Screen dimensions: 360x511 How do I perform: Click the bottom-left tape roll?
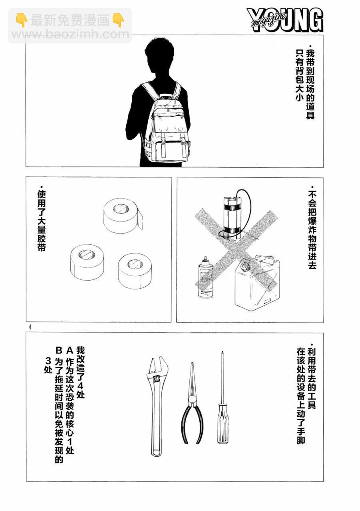(x=87, y=262)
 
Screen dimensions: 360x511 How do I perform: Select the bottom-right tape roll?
(x=135, y=271)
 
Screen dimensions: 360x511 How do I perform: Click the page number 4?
(x=30, y=328)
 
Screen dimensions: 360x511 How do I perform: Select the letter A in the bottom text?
(x=70, y=351)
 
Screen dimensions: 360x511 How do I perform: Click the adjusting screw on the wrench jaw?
(x=156, y=379)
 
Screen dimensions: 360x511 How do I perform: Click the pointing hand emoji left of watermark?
(x=22, y=20)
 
